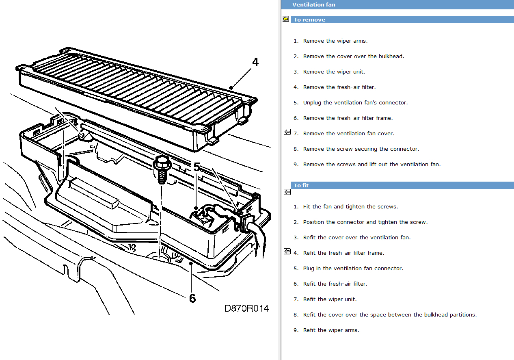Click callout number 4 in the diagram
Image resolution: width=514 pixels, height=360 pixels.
pos(255,62)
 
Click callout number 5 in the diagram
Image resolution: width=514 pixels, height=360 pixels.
pos(197,167)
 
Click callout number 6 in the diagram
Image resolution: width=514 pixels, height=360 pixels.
pos(192,298)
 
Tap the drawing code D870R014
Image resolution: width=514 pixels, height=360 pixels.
pos(246,308)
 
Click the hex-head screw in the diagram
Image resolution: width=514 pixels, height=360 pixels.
pos(162,168)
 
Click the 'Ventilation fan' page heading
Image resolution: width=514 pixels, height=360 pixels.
pos(313,5)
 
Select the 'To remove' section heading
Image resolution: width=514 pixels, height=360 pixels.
pos(309,20)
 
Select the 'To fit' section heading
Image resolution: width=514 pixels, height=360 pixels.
pos(301,185)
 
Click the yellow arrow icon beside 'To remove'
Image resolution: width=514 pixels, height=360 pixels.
pos(286,19)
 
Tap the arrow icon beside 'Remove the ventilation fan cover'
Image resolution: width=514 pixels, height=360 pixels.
pos(287,132)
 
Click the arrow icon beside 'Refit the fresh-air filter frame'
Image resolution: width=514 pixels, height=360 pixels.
pos(287,252)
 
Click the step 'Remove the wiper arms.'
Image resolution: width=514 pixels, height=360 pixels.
pos(335,41)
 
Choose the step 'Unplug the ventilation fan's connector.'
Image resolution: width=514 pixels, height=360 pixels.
pos(355,103)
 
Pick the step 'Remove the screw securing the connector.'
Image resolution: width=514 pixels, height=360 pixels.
pos(361,149)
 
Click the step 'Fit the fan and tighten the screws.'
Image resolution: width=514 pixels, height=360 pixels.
pos(350,207)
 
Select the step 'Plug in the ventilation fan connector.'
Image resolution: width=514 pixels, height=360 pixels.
pos(353,269)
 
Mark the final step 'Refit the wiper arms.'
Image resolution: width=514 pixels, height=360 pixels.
pos(331,330)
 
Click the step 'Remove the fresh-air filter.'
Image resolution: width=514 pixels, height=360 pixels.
pos(339,87)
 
